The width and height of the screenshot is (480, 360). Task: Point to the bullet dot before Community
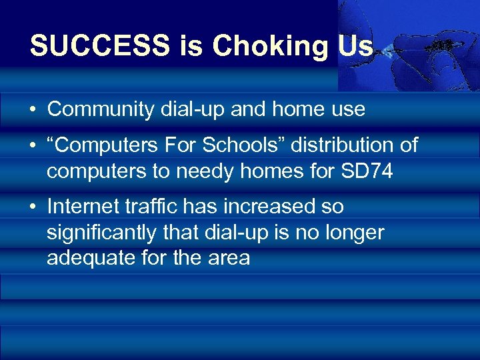[x=33, y=110]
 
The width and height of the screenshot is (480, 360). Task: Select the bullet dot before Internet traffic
[x=33, y=207]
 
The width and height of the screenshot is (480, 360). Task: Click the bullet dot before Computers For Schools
[x=33, y=146]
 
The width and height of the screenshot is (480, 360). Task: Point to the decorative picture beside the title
[x=408, y=44]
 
